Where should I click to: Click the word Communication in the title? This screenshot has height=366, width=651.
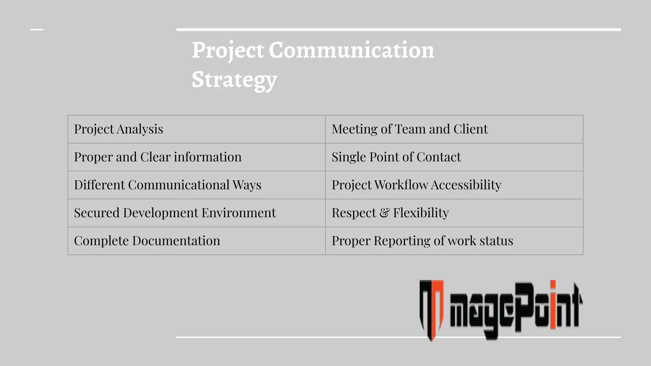[351, 50]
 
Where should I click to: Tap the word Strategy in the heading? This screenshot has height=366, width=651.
[234, 79]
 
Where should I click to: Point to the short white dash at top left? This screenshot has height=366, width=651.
[37, 30]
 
